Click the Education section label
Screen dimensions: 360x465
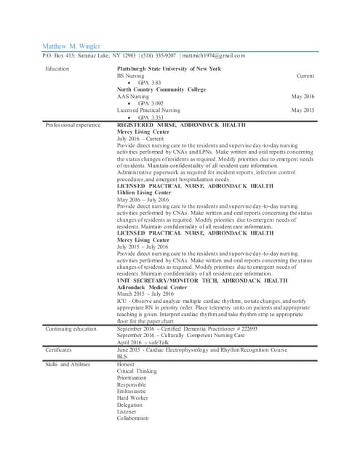tap(57, 68)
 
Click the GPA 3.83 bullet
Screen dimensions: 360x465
tap(149, 83)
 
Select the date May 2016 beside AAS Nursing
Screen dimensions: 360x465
tap(303, 96)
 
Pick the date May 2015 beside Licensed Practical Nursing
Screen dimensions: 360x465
tap(303, 110)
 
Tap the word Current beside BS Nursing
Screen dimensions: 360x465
tap(305, 76)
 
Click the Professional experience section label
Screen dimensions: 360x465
tap(73, 124)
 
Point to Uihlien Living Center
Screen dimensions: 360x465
tap(148, 193)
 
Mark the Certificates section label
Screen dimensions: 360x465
tap(60, 349)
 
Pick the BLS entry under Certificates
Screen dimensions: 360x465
tap(121, 357)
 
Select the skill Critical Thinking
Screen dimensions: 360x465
tap(136, 371)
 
